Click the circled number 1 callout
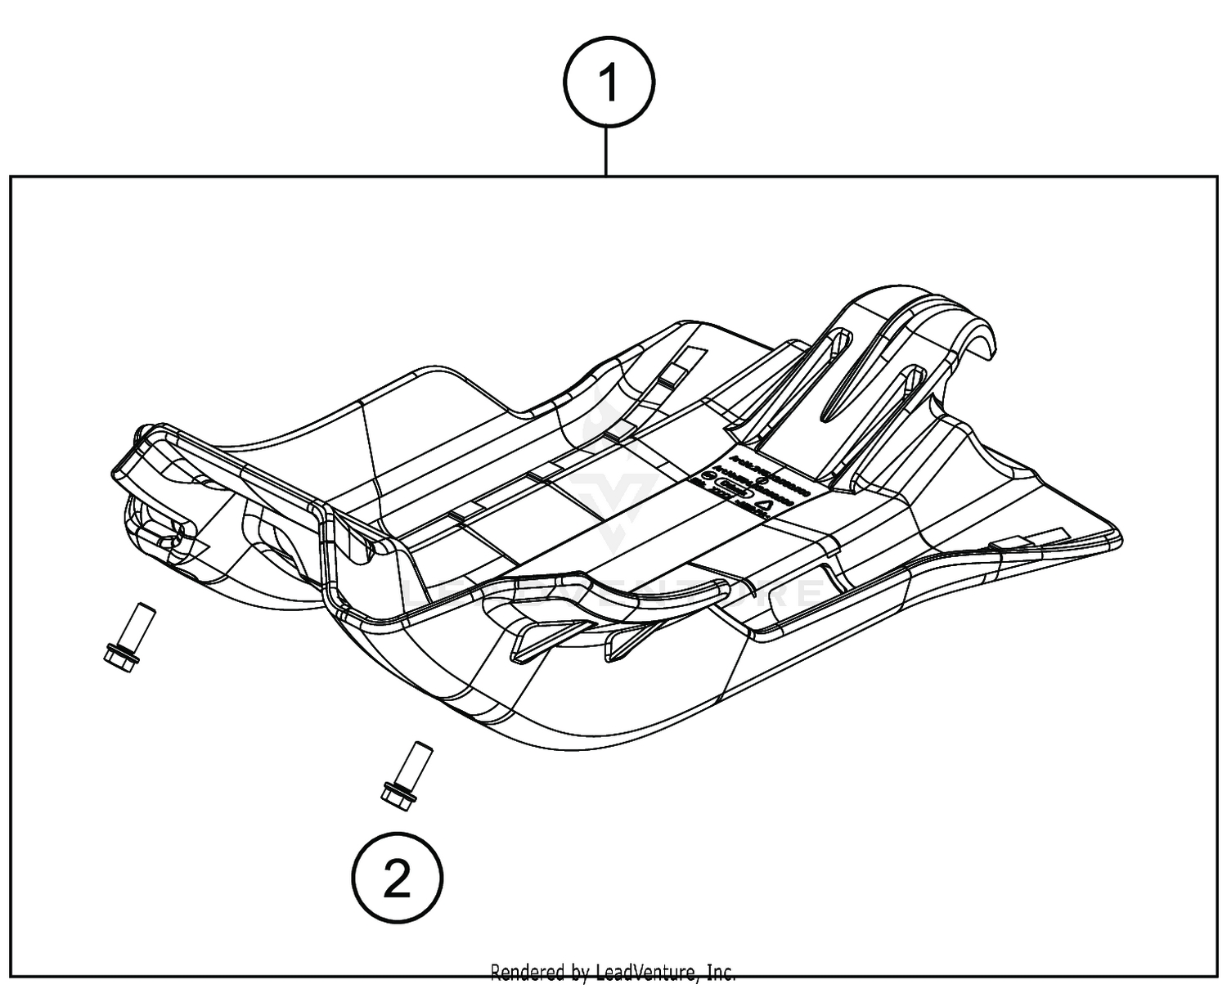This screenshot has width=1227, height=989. coord(609,83)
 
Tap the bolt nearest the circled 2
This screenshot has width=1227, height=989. coord(401,777)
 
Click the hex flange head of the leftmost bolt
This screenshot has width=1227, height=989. coord(119,657)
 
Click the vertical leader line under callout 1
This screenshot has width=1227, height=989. coord(606,151)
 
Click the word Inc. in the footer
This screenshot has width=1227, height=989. coord(720,973)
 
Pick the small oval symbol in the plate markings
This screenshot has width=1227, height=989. coord(730,491)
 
